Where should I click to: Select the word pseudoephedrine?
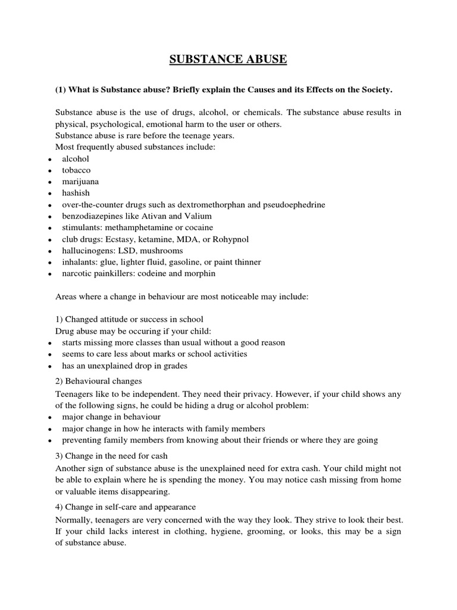pos(301,205)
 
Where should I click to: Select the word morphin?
pos(199,273)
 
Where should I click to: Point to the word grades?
pos(175,366)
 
